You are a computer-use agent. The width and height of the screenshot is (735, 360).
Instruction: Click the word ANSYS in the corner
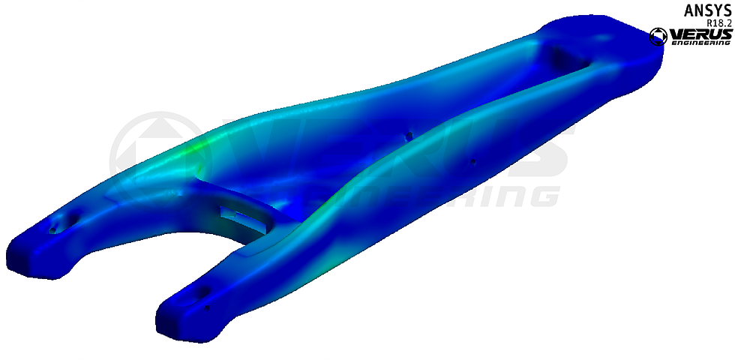point(706,10)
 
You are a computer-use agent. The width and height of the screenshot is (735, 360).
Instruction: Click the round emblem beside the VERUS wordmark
point(658,36)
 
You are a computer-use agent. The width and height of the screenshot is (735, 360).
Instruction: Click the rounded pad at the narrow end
point(600,37)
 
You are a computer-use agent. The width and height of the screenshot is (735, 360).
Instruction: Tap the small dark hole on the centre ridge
point(409,136)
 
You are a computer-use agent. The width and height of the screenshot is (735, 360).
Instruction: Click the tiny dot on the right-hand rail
point(473,160)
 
